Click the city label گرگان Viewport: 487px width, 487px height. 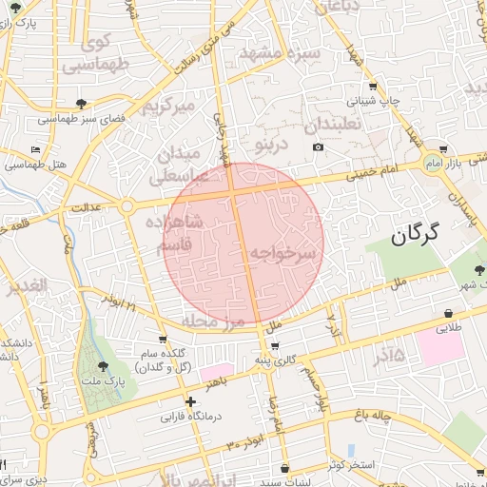(417, 232)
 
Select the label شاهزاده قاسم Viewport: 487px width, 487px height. (174, 233)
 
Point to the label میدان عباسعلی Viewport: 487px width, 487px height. (185, 165)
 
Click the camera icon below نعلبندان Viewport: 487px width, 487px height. (318, 146)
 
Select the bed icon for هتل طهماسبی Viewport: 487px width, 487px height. (36, 149)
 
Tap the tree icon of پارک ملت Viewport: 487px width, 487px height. (103, 366)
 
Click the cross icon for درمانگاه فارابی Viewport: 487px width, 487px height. (191, 401)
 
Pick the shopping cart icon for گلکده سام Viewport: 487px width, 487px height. (164, 339)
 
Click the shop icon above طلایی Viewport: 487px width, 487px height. (447, 313)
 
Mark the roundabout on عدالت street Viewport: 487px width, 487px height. (126, 205)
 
